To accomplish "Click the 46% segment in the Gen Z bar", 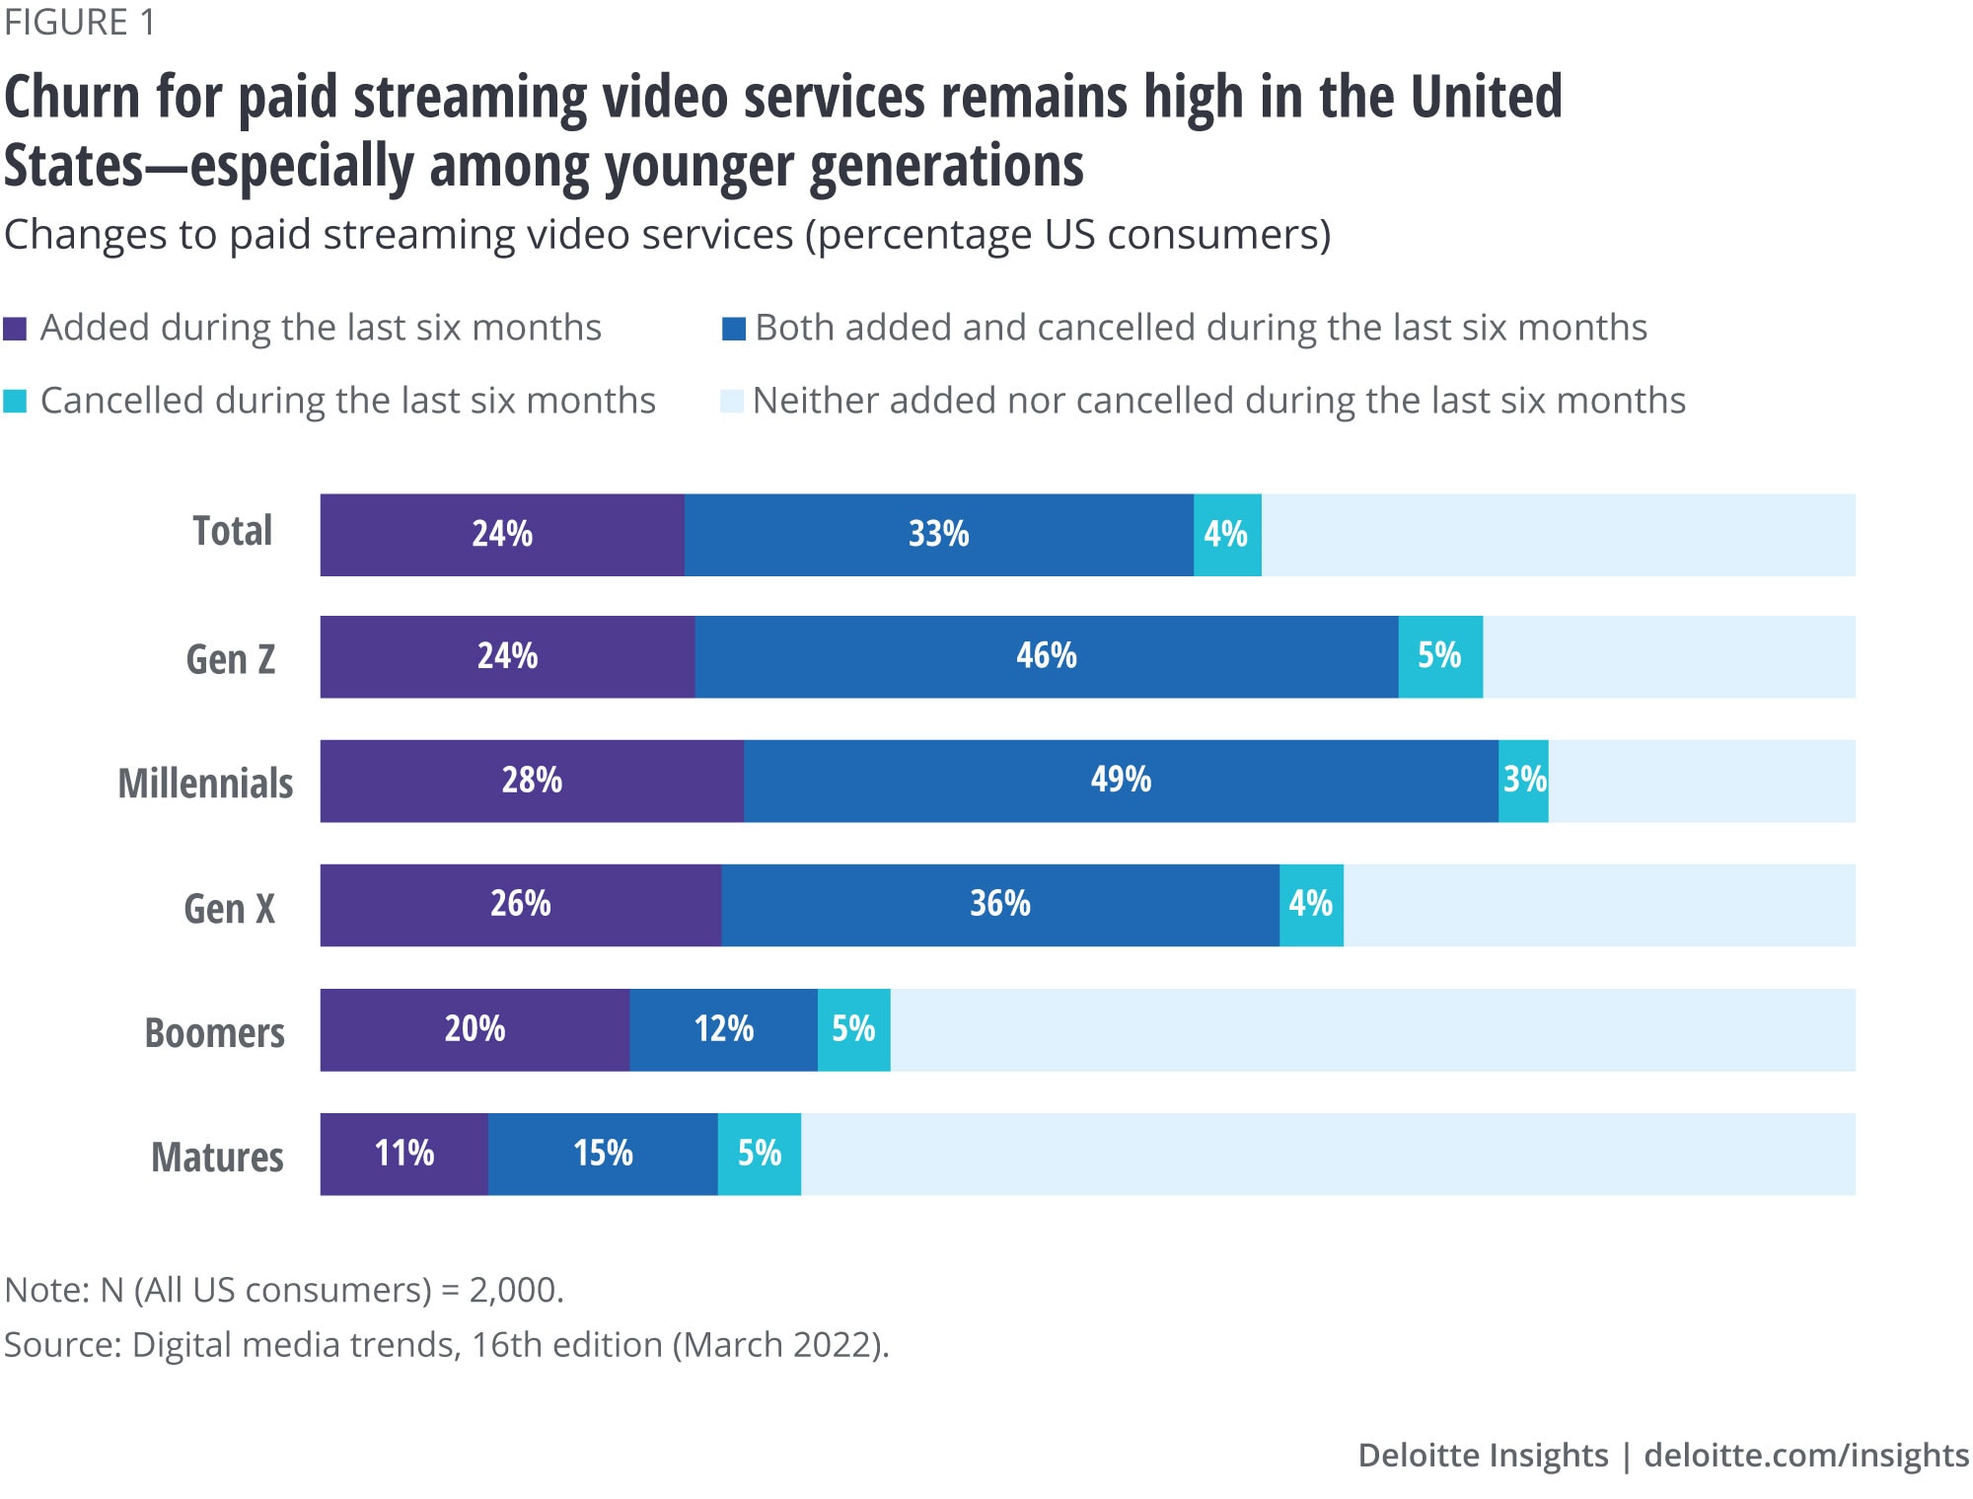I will (1046, 657).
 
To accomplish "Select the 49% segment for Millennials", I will (1121, 781).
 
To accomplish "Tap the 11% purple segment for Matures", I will (403, 1154).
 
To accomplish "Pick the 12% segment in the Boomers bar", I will (723, 1029).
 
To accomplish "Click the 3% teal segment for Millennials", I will (1523, 781).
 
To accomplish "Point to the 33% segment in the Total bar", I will (938, 535).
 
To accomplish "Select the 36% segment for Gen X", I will (999, 905).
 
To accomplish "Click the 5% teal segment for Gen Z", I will (1439, 657).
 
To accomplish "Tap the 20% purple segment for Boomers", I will (475, 1029).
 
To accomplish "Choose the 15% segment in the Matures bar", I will (603, 1154).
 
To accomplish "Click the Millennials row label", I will (205, 784).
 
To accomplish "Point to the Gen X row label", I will (229, 908).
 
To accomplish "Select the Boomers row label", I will (214, 1032).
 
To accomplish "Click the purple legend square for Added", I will (15, 329).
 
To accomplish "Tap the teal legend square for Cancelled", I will (15, 402).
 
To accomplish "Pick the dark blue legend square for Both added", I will (733, 329).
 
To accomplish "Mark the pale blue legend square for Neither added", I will (731, 402).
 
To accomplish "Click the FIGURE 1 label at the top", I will (80, 22).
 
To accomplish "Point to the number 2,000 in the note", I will (515, 1290).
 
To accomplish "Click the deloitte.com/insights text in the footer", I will (1805, 1455).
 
